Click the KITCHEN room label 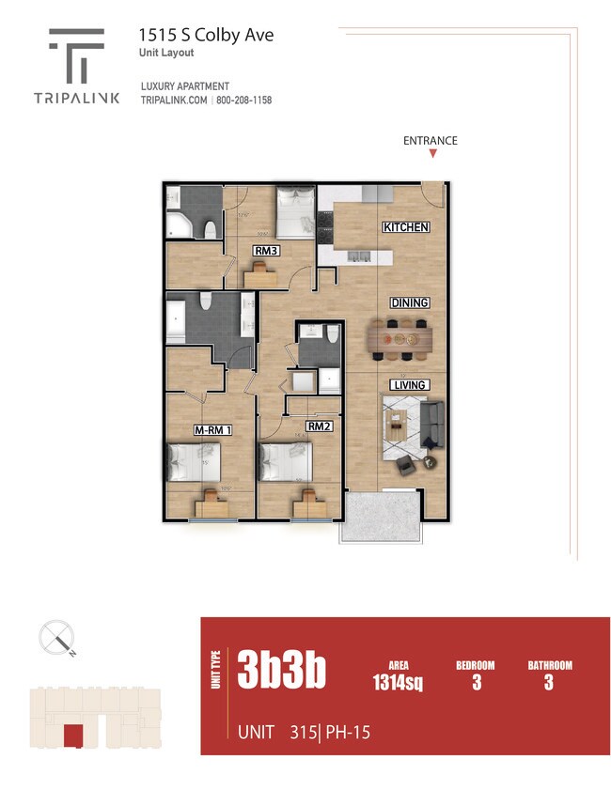406,227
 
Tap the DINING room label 410,302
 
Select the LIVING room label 410,385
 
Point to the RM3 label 266,251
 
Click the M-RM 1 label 212,430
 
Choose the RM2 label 320,426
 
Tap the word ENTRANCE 430,141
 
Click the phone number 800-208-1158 245,101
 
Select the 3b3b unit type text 282,671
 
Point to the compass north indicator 58,639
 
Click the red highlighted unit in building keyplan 71,736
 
